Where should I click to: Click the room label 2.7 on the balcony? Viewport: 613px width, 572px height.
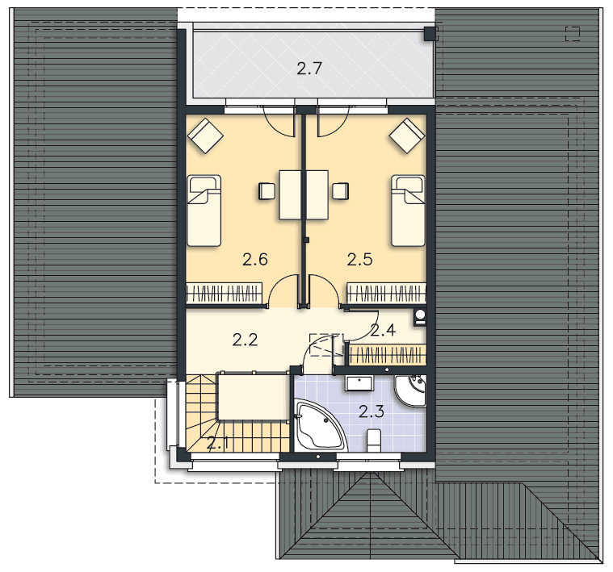tap(309, 69)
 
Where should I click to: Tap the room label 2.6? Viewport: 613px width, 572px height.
tap(255, 259)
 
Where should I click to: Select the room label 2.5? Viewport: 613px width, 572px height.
tap(359, 259)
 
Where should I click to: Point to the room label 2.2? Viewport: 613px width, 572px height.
tap(246, 340)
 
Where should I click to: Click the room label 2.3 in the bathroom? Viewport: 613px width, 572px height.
tap(372, 411)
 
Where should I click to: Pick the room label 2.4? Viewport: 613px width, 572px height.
tap(383, 330)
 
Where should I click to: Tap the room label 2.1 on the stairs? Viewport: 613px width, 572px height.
tap(217, 443)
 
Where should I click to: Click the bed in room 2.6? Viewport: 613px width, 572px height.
tap(204, 211)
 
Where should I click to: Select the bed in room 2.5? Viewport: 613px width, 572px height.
tap(408, 211)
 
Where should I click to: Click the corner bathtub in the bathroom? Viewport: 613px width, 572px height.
tap(319, 425)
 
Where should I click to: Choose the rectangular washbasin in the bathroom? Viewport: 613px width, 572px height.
tap(359, 383)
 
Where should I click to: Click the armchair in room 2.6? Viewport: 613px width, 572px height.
tap(205, 136)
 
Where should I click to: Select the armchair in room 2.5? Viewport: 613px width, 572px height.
tap(407, 136)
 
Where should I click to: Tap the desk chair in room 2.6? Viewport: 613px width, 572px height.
tap(267, 191)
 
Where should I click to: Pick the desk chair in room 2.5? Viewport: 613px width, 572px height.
tap(340, 191)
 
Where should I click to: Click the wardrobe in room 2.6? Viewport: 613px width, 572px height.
tap(224, 293)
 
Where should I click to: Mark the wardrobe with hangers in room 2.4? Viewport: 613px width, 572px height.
tap(387, 355)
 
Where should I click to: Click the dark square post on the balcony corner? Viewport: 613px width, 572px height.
tap(430, 34)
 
